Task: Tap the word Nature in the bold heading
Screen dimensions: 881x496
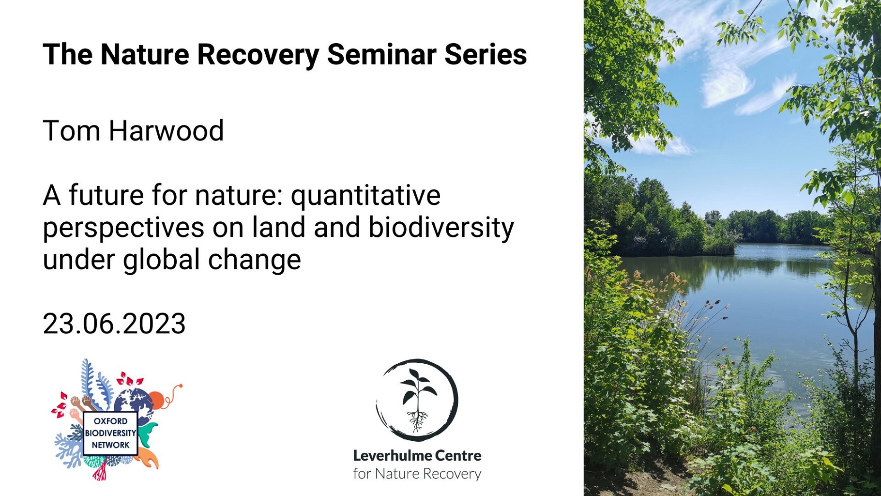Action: [x=145, y=54]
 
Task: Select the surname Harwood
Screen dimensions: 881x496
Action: [x=166, y=131]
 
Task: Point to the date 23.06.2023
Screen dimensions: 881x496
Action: [x=114, y=324]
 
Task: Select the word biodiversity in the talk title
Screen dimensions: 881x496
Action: [x=441, y=228]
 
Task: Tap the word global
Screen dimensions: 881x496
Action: [x=161, y=260]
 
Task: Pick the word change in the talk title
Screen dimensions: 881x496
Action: [x=255, y=260]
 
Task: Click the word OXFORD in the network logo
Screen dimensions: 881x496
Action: [x=110, y=421]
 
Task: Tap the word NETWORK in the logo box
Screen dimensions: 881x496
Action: [x=110, y=445]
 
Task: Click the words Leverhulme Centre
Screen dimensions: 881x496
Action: [x=417, y=455]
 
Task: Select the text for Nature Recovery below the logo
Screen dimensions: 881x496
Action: [x=417, y=474]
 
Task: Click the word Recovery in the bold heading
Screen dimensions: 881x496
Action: [x=258, y=55]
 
